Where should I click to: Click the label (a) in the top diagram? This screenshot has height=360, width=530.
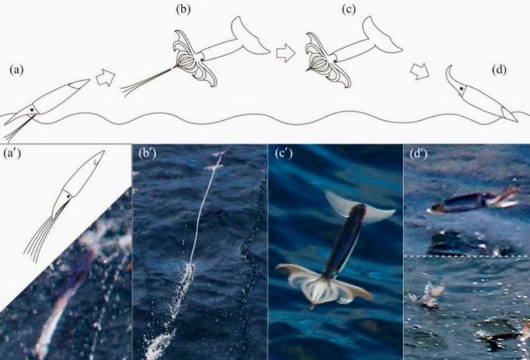16,70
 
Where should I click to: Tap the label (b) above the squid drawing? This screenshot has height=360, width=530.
183,9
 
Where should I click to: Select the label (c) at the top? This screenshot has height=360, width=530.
349,9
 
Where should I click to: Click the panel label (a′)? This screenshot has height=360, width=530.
12,154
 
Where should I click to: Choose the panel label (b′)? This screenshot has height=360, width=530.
147,154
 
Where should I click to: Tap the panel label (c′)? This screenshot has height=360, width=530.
284,154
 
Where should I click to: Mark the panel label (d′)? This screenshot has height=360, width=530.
419,154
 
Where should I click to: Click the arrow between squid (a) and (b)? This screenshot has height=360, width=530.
105,78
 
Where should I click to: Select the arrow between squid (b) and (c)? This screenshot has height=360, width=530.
286,54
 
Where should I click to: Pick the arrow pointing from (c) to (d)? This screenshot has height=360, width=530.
420,71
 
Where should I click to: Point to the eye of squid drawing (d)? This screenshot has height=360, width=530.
461,89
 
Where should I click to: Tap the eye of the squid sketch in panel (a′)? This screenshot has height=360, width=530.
69,196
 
